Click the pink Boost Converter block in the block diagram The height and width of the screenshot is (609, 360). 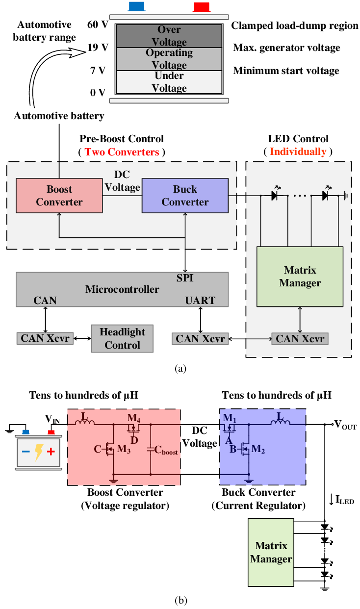coord(59,196)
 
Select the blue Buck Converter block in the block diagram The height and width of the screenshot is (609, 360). coord(185,196)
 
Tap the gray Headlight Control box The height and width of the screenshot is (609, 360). coord(122,338)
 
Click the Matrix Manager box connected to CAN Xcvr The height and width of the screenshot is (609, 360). coord(300,277)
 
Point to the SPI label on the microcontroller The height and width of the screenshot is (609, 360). coord(185,278)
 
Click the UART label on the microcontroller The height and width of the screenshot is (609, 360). coord(200,301)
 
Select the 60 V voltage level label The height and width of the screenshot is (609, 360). coord(97,25)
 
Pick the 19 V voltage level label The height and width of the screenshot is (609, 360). coord(97,48)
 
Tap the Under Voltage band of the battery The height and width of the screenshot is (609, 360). coord(169,82)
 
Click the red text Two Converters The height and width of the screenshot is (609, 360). coord(122,152)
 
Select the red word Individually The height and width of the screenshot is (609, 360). coord(298,152)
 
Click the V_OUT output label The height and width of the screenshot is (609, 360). coord(345,426)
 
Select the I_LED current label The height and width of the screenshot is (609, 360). coord(343,500)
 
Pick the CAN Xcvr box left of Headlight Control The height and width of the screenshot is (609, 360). coord(46,338)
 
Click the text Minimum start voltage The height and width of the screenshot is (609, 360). coord(286,71)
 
